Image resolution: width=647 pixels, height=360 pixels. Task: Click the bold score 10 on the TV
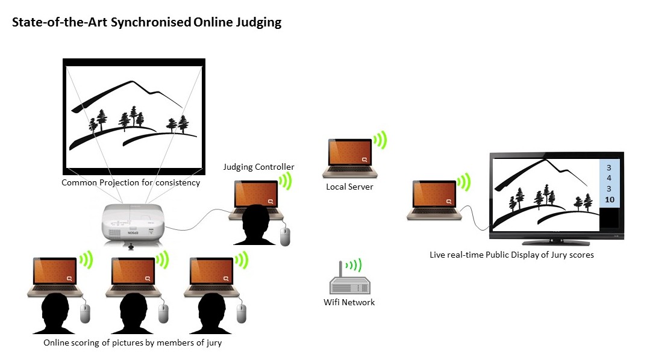(x=609, y=200)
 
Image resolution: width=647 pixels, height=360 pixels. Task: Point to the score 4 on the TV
(x=609, y=178)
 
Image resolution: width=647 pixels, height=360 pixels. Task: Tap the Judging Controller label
(x=258, y=167)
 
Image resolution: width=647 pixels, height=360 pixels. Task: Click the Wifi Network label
(x=349, y=302)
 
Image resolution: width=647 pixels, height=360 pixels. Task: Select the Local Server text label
(x=349, y=187)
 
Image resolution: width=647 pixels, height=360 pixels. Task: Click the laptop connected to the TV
(x=431, y=199)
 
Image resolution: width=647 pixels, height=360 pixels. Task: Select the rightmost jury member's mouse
(x=242, y=312)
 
